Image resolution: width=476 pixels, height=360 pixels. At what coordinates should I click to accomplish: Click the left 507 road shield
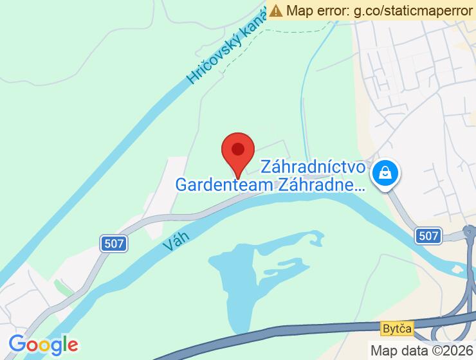tap(114, 243)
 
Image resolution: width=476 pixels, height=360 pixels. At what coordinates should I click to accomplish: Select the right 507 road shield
tap(428, 235)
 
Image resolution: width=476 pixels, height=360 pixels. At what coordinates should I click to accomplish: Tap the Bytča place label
tap(395, 328)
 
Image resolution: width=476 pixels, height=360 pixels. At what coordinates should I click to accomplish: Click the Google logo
tap(43, 345)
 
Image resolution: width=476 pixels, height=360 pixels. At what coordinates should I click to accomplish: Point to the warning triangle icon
tap(277, 10)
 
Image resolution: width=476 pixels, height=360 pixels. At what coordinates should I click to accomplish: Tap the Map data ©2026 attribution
tap(421, 350)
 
